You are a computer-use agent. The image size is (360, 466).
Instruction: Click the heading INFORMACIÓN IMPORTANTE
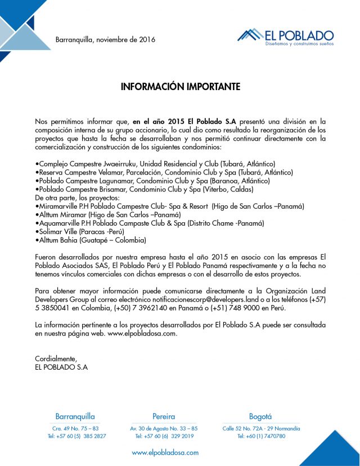[x=181, y=87]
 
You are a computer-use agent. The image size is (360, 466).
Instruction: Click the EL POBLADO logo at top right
[x=285, y=36]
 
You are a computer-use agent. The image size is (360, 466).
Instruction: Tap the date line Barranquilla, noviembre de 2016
[x=105, y=40]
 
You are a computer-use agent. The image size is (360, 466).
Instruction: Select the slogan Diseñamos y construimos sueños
[x=299, y=43]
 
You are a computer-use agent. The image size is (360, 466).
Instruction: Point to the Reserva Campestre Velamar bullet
[x=164, y=172]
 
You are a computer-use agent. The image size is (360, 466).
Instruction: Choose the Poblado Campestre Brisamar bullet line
[x=143, y=190]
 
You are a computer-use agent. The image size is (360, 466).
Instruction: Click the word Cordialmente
[x=56, y=359]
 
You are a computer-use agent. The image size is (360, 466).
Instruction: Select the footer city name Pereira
[x=164, y=417]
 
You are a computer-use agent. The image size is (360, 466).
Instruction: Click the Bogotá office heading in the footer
[x=260, y=417]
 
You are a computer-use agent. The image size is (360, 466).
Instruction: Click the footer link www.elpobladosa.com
[x=165, y=452]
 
